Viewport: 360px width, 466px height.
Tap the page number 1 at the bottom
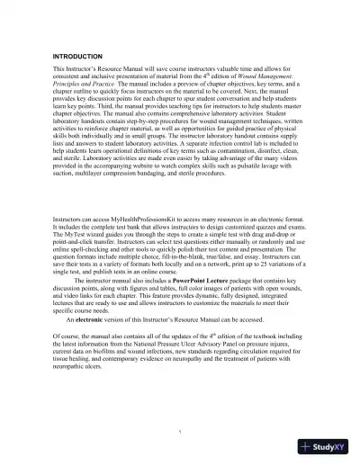[180, 428]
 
